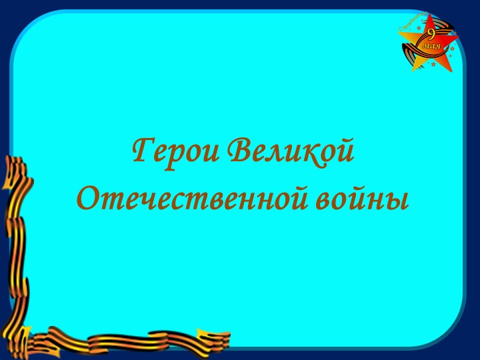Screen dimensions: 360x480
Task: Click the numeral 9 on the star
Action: click(x=431, y=33)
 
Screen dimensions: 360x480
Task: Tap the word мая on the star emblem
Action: click(x=431, y=47)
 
